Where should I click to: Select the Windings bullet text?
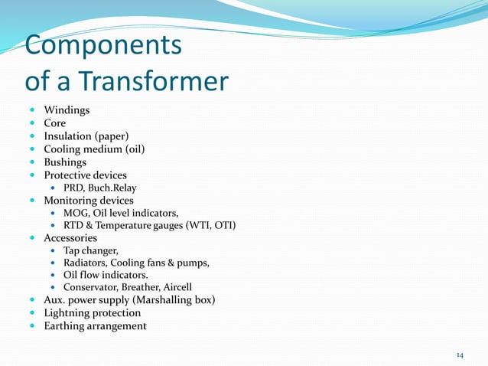(x=67, y=110)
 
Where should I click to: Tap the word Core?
(x=54, y=123)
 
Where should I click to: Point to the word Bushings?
(x=65, y=162)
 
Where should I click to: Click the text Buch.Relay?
(x=114, y=188)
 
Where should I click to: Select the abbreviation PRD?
(x=74, y=188)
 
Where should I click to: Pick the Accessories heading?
(x=70, y=238)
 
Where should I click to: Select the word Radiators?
(x=87, y=263)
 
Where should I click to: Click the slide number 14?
(x=460, y=355)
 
